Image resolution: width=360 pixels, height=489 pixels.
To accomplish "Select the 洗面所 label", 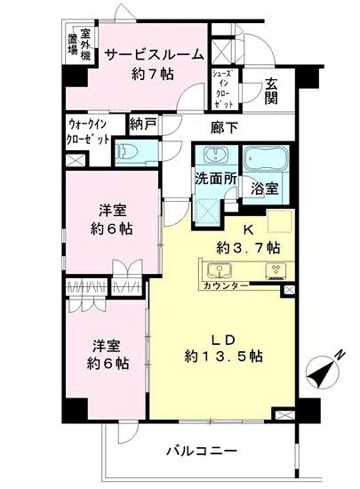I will pyautogui.click(x=216, y=177).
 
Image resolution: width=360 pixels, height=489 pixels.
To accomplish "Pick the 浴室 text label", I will pyautogui.click(x=263, y=188).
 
